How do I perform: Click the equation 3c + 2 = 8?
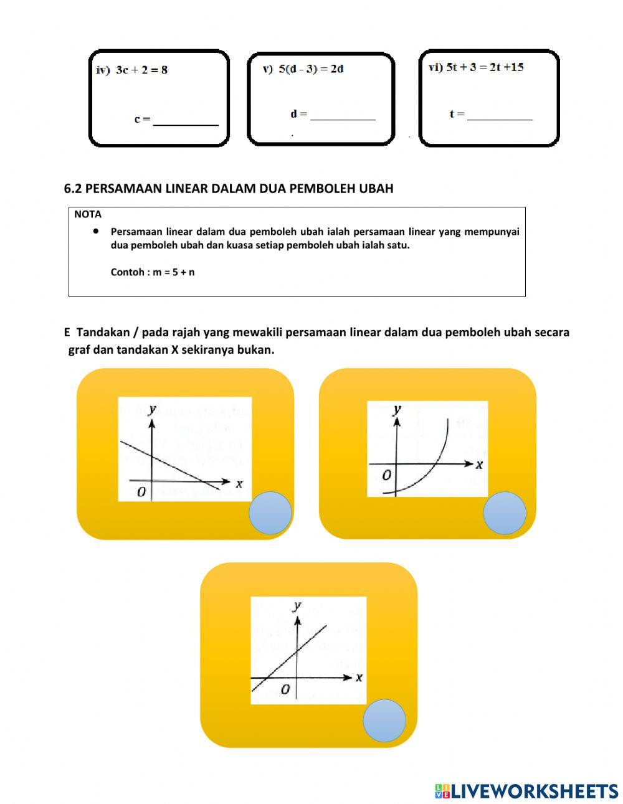click(141, 70)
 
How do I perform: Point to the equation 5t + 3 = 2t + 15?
click(485, 67)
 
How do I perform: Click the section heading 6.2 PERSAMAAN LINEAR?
click(229, 188)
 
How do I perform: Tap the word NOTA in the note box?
click(87, 214)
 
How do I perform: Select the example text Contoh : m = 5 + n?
click(153, 272)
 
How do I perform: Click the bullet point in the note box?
click(96, 230)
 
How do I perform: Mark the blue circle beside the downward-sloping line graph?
click(270, 513)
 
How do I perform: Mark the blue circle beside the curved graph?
click(505, 513)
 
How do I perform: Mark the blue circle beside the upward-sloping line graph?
click(384, 720)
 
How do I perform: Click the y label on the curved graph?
click(397, 409)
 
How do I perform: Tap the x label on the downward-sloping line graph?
click(239, 483)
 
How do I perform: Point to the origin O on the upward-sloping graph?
click(285, 689)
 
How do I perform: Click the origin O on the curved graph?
click(386, 475)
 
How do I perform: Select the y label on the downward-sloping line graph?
click(152, 409)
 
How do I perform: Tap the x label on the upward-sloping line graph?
click(359, 677)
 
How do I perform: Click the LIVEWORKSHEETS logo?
click(526, 791)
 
